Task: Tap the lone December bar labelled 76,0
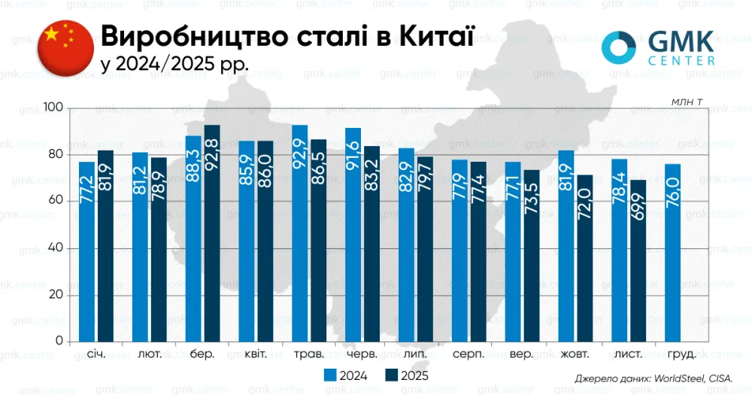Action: (x=673, y=252)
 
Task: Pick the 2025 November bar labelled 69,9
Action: (x=638, y=260)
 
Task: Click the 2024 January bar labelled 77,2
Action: (x=87, y=251)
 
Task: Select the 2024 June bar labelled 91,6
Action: (x=353, y=234)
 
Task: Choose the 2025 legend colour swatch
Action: (x=390, y=374)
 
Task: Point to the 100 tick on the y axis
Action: (x=54, y=108)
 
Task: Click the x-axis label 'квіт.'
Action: (x=256, y=354)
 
